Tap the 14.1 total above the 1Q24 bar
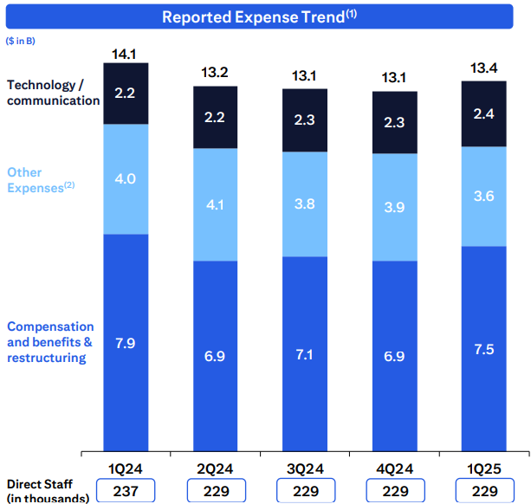(126, 54)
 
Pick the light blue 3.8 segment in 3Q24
(305, 204)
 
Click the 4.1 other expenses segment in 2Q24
(215, 204)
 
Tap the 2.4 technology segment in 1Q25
(484, 113)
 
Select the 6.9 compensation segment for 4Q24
(394, 355)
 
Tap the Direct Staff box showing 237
(126, 490)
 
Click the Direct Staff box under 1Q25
(484, 490)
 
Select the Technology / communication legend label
(53, 93)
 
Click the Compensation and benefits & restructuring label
(50, 342)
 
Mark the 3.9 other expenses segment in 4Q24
(394, 207)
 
